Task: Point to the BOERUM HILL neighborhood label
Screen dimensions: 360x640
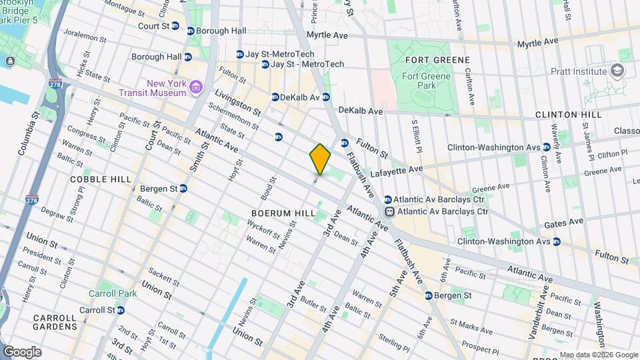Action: pos(279,213)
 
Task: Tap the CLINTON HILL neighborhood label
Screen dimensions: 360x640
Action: pos(568,115)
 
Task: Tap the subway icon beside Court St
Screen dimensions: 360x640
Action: pos(175,26)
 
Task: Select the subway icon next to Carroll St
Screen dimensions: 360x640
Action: pos(120,310)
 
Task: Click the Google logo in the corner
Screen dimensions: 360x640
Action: pos(22,351)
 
